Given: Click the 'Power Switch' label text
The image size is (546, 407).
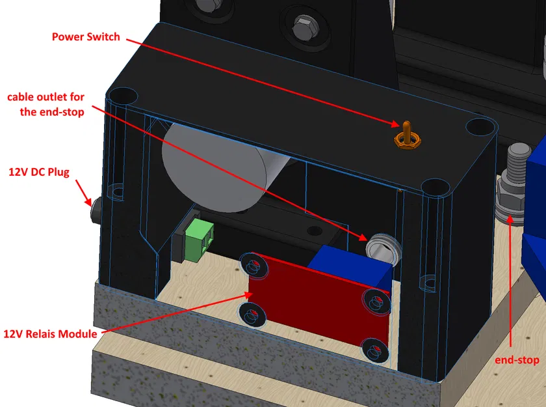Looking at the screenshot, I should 86,37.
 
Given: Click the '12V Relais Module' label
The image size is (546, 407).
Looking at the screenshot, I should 50,334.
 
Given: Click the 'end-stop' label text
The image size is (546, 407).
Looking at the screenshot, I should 517,359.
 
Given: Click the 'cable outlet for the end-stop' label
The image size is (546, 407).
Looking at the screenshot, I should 45,104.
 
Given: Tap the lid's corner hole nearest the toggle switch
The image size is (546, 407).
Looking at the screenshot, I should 478,125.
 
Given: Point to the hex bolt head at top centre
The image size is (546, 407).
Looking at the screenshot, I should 304,29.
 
